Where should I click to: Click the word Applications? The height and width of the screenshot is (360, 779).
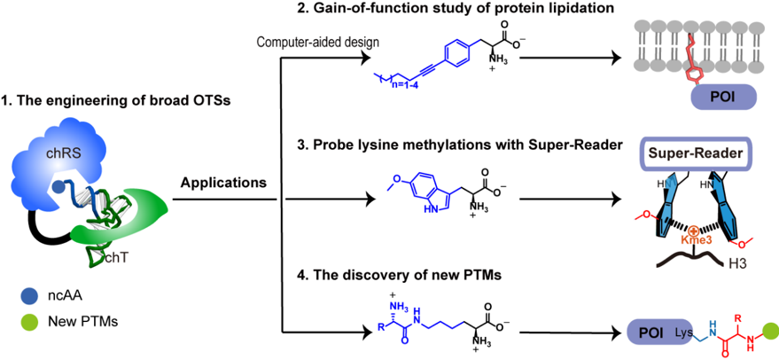pos(222,184)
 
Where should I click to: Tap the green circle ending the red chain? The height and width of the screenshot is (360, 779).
pos(769,333)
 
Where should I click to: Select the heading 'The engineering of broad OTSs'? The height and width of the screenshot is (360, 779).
pos(115,101)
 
